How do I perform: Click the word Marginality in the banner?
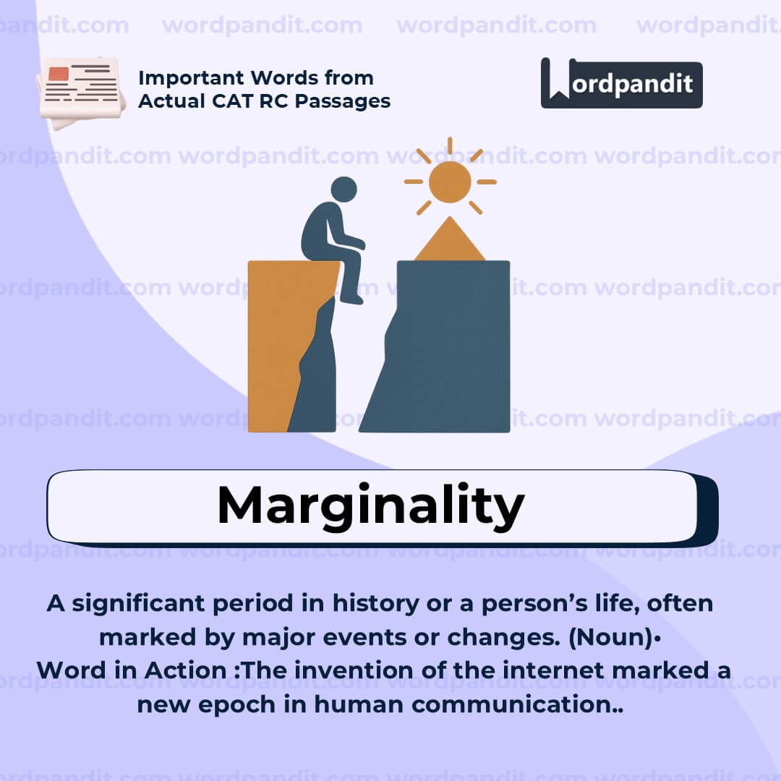pyautogui.click(x=370, y=505)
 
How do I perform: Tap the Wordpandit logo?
pyautogui.click(x=621, y=83)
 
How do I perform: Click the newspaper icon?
pyautogui.click(x=81, y=90)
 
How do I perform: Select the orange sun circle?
pyautogui.click(x=450, y=182)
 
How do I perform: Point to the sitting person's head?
pyautogui.click(x=343, y=189)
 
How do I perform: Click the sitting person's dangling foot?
pyautogui.click(x=352, y=298)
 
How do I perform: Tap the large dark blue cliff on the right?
pyautogui.click(x=448, y=347)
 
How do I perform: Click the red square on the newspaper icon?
pyautogui.click(x=59, y=74)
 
